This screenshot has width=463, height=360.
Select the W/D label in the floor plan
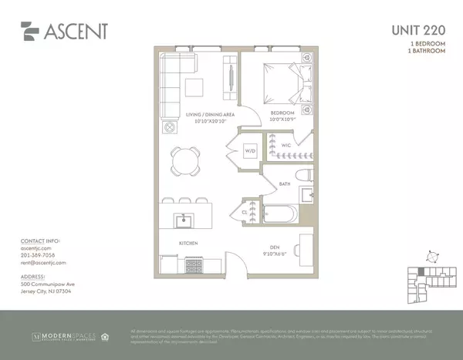pos(251,151)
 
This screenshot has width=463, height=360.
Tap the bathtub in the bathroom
pos(282,214)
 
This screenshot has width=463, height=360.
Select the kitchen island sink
pos(185,222)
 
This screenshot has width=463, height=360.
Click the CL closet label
pos(244,210)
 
